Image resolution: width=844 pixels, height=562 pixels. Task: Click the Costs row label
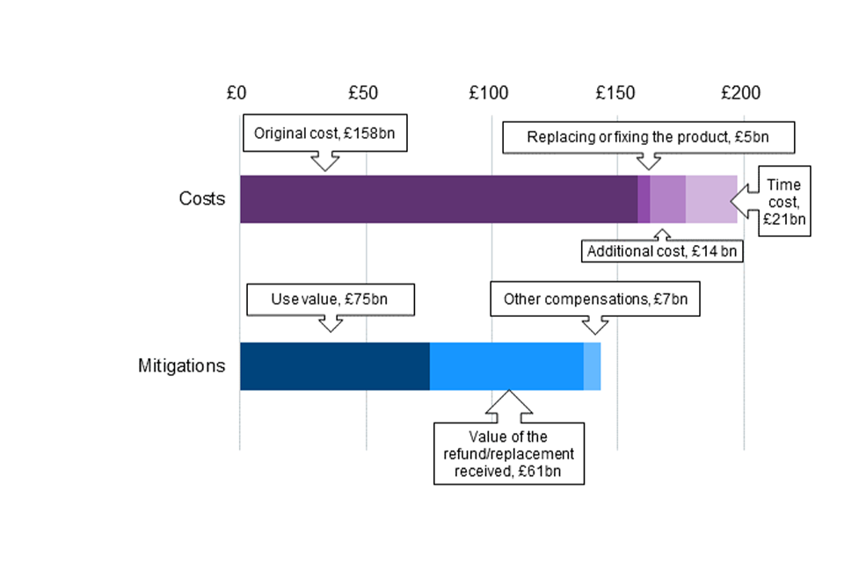(x=201, y=199)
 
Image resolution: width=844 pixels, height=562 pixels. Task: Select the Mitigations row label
(x=181, y=366)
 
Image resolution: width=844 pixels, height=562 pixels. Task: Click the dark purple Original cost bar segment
(x=438, y=199)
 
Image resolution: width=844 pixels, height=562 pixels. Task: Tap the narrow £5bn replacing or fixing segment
(x=644, y=199)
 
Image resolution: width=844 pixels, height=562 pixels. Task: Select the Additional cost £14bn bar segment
(x=667, y=199)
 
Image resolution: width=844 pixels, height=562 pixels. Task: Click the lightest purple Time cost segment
(x=710, y=199)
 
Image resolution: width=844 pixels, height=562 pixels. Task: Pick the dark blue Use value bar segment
(x=334, y=366)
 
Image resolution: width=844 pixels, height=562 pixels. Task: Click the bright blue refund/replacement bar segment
(x=506, y=366)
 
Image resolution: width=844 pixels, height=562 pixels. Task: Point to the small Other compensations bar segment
(x=592, y=366)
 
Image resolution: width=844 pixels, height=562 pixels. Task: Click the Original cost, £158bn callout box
(x=325, y=135)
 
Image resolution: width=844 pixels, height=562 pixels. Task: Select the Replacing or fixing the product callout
(x=649, y=137)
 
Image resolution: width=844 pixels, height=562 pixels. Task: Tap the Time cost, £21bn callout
(x=783, y=200)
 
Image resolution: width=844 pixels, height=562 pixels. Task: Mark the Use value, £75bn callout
(x=330, y=299)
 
